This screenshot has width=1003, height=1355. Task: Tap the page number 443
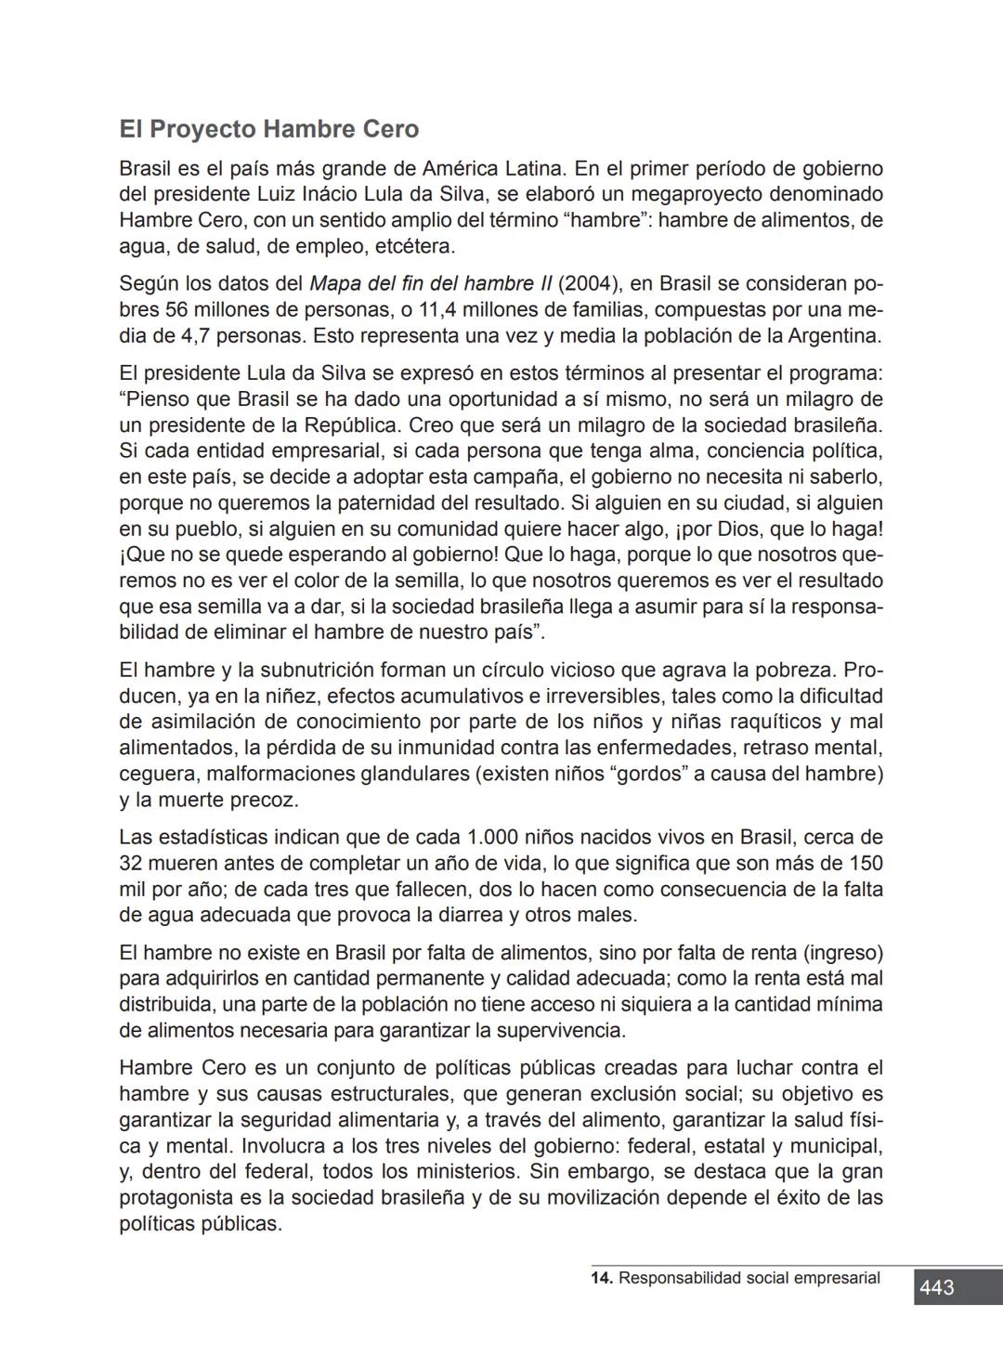[x=936, y=1288]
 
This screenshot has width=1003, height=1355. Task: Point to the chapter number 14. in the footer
[x=602, y=1278]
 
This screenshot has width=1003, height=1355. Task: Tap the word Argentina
[x=833, y=335]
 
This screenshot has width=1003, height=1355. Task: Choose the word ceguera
[x=157, y=774]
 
